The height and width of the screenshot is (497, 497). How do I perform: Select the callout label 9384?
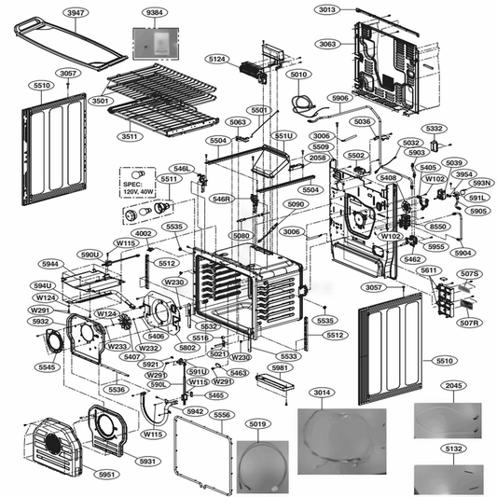(153, 13)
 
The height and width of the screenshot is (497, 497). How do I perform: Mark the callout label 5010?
(298, 75)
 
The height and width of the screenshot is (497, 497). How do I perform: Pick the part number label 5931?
(147, 461)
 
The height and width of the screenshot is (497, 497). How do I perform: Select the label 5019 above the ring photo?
(259, 424)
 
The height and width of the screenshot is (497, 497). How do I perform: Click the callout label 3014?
(323, 394)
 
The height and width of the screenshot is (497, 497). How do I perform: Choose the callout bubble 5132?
(453, 449)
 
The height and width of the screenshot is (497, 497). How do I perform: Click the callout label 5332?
(434, 128)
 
